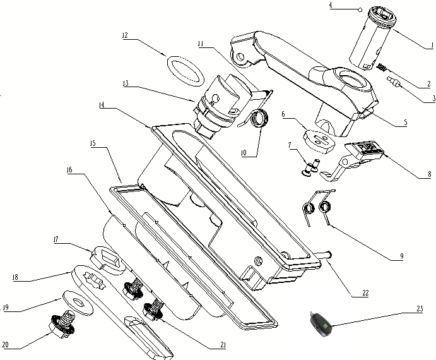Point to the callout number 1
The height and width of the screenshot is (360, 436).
pos(429,45)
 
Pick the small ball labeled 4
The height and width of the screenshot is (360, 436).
pos(360,9)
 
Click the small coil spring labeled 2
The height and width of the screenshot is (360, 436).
pos(382,66)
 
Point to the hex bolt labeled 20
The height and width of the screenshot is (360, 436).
pos(62,328)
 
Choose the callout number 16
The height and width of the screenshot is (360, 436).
pos(68,170)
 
